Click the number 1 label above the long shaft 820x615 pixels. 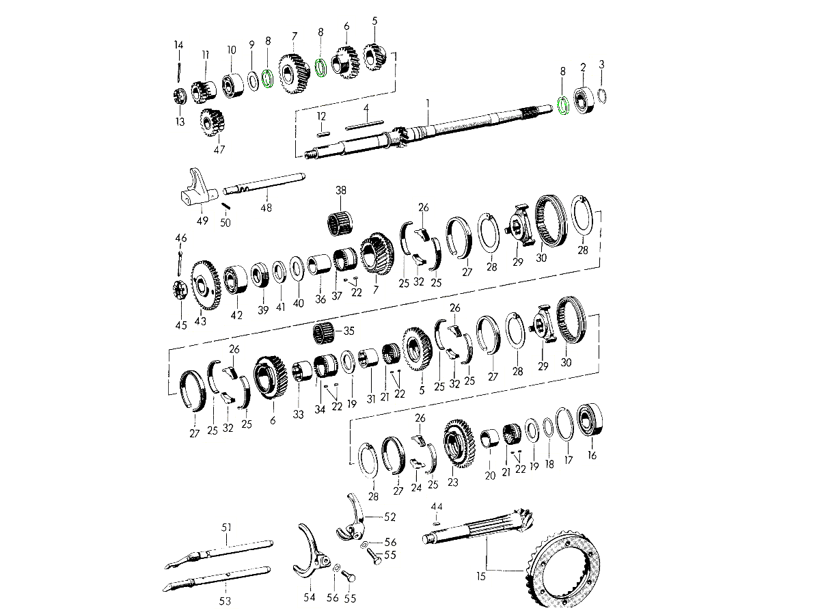428,102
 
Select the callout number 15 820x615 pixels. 481,577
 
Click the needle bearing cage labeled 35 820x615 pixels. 323,333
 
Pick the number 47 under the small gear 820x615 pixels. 219,150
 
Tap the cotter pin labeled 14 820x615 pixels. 179,72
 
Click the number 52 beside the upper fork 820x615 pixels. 390,517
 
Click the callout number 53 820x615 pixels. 225,601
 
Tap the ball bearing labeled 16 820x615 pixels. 590,419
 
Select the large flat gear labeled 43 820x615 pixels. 206,285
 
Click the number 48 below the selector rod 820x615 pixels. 266,208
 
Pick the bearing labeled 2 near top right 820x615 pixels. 584,100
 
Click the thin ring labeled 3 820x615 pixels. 602,96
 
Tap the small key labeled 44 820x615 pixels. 436,523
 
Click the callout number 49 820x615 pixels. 202,221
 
